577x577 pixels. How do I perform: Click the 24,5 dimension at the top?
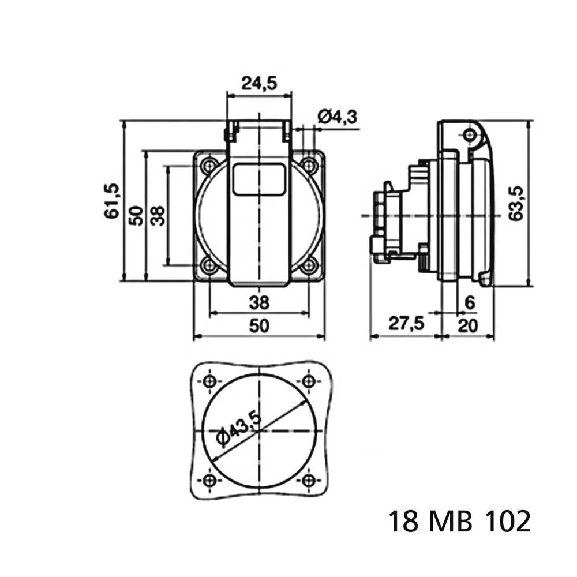(259, 84)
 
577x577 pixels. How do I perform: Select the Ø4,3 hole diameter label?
(336, 117)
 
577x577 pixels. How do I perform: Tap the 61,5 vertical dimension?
(112, 201)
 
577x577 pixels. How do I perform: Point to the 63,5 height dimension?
(517, 203)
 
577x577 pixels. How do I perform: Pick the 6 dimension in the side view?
(469, 302)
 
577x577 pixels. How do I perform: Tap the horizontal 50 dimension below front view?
(259, 326)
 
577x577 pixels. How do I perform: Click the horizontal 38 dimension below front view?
(259, 302)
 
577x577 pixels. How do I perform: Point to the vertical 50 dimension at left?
(136, 215)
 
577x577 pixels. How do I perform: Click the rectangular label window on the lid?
(259, 178)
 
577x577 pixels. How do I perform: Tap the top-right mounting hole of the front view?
(310, 166)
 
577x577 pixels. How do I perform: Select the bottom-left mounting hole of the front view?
(209, 266)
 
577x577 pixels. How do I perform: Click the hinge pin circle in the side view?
(470, 136)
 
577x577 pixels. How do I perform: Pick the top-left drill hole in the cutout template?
(209, 381)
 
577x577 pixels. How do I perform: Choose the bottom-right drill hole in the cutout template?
(310, 481)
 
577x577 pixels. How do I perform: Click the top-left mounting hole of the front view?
(209, 166)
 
